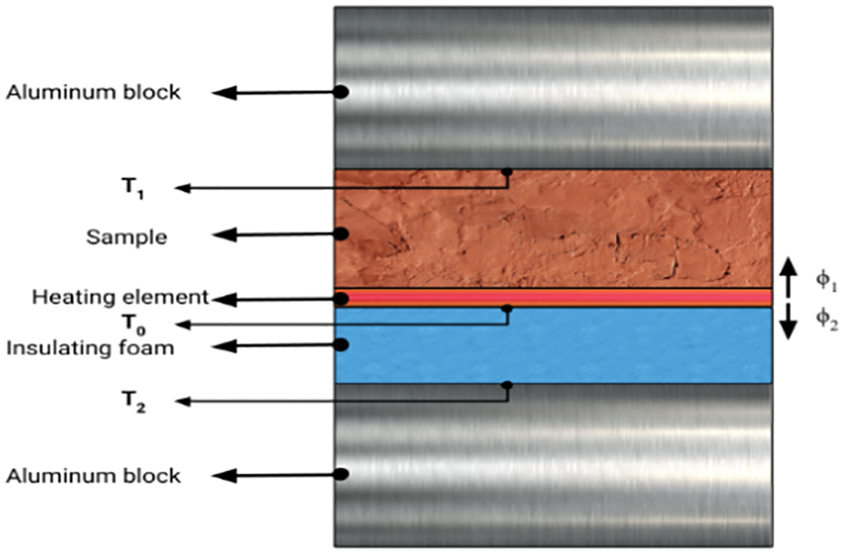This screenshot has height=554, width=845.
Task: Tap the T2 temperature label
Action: [131, 403]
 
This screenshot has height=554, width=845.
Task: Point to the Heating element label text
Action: [120, 297]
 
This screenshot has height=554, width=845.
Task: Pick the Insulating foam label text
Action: [91, 347]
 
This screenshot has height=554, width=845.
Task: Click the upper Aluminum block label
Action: [94, 92]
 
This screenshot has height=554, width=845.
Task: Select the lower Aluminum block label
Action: [94, 476]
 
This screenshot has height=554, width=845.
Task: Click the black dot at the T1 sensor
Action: [506, 171]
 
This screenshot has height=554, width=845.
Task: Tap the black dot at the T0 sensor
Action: [506, 308]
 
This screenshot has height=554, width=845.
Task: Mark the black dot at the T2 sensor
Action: [506, 385]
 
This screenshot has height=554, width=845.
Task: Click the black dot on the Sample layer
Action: [340, 233]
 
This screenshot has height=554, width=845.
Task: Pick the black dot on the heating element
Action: [341, 298]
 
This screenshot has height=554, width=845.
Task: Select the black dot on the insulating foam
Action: [340, 344]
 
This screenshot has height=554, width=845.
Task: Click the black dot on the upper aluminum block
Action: [340, 92]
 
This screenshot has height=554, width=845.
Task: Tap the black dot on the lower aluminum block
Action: [340, 474]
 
